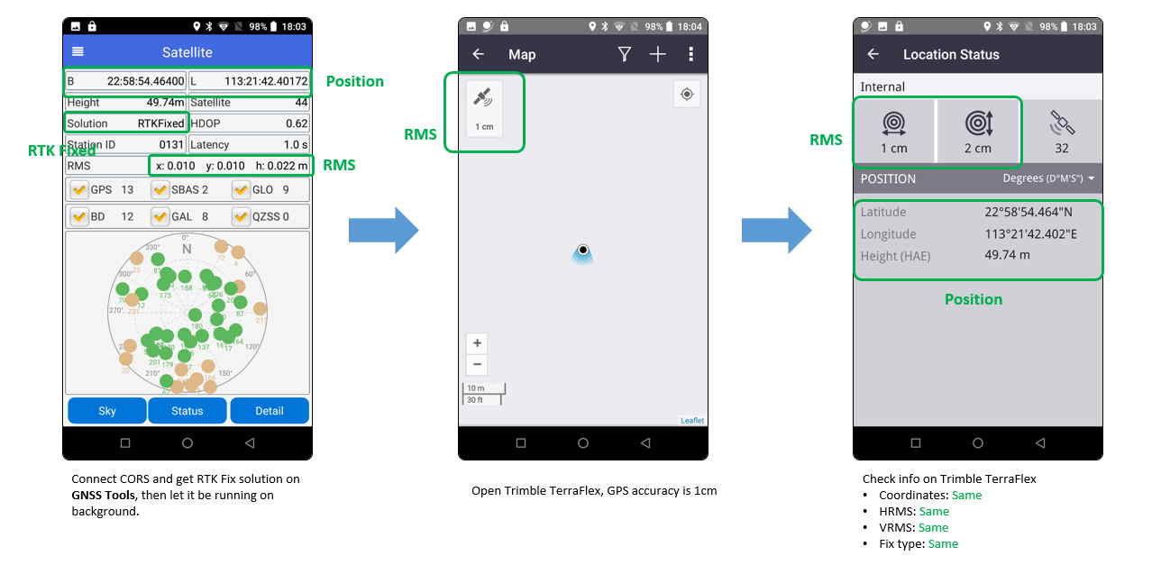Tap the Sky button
coord(107,411)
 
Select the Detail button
coord(270,411)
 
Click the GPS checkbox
coord(79,190)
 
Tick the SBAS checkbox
coord(160,190)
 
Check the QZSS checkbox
coord(242,216)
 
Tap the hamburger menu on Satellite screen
coord(78,52)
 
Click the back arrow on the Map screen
coord(478,55)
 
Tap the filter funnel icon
coord(624,55)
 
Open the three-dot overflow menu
coord(690,55)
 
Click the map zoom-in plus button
coord(478,343)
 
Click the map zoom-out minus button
coord(478,365)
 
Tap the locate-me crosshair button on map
coord(687,95)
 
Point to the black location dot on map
coord(583,250)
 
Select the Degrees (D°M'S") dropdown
coord(1049,178)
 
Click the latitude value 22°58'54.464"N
coord(1028,213)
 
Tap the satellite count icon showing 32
coord(1062,132)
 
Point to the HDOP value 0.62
coord(297,123)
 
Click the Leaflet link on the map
coord(692,421)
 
